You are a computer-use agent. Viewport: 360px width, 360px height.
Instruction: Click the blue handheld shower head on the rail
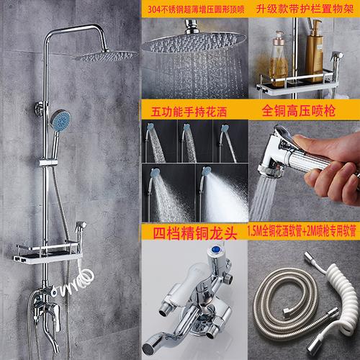(x=60, y=120)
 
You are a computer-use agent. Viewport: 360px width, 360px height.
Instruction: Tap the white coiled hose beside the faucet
(x=78, y=281)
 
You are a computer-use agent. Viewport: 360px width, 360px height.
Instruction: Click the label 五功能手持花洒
(x=189, y=112)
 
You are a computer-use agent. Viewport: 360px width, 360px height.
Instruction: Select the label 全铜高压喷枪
(x=299, y=111)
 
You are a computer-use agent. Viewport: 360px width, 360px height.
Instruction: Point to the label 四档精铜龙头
(x=195, y=233)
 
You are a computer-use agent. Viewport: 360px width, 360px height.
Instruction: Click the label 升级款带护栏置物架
(x=305, y=9)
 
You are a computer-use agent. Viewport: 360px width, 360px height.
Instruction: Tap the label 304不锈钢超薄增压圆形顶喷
(x=196, y=9)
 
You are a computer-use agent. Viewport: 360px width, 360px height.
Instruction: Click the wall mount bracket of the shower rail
(x=40, y=109)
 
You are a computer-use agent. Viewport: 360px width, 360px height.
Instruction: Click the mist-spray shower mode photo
(x=222, y=193)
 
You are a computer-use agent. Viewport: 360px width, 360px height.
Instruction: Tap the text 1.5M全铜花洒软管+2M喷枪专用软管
(x=302, y=231)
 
